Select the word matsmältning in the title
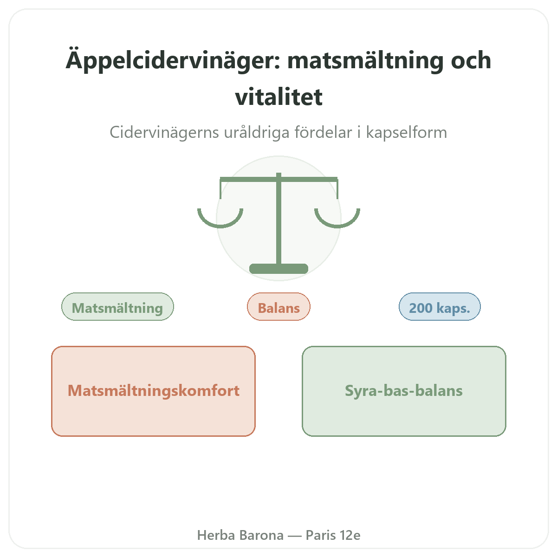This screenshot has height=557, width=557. click(365, 61)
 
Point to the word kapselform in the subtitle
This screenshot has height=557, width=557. click(407, 132)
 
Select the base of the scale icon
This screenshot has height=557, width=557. click(278, 269)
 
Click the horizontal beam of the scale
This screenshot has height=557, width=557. click(278, 180)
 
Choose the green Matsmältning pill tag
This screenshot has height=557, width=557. click(117, 307)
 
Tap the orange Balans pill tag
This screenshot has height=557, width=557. click(278, 307)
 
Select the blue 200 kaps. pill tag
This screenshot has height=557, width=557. click(440, 307)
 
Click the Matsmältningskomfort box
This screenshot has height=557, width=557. click(154, 391)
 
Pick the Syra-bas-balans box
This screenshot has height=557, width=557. click(404, 391)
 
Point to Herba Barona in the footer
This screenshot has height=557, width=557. click(240, 535)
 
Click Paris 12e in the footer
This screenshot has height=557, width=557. click(333, 535)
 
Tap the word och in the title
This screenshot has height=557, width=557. click(471, 60)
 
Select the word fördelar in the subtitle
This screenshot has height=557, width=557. click(324, 132)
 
